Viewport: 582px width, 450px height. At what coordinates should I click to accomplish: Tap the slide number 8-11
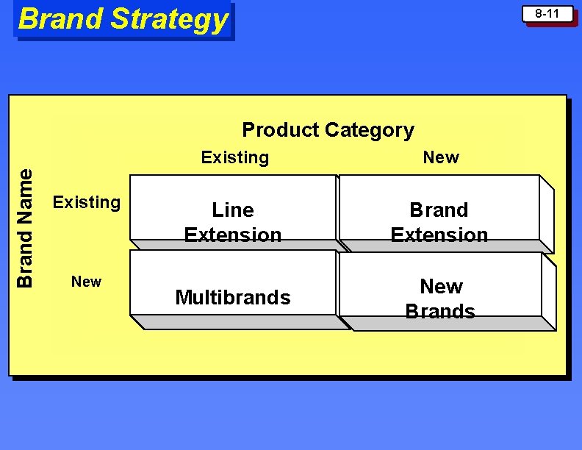tap(547, 14)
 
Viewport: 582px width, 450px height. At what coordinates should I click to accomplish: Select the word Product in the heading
tap(280, 130)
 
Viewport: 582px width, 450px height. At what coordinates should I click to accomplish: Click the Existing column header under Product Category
tap(235, 157)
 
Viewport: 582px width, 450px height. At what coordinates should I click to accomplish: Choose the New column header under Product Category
tap(441, 157)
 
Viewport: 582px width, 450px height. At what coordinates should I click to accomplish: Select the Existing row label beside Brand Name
tap(87, 202)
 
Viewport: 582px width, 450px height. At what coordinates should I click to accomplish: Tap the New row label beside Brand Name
tap(86, 282)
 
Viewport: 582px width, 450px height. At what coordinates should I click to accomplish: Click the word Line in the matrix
tap(233, 210)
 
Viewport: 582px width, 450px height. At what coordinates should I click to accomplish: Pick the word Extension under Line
tap(233, 235)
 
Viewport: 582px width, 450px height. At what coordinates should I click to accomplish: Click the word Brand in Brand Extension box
tap(439, 210)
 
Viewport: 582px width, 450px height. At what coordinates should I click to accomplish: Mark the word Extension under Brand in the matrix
tap(439, 235)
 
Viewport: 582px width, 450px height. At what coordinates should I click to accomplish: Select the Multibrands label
tap(233, 298)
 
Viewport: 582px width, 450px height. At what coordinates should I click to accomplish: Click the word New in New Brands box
tap(441, 286)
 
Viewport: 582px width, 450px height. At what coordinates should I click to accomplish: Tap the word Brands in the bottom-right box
tap(440, 311)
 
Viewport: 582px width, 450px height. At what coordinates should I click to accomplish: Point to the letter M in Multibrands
tap(182, 298)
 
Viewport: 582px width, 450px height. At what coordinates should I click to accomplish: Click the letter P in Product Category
tap(248, 130)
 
